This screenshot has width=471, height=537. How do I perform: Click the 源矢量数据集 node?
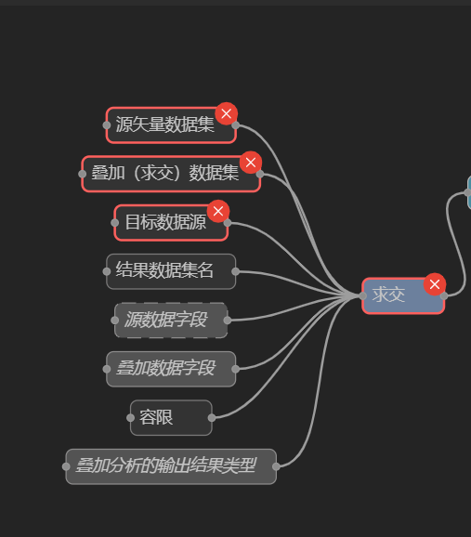click(171, 125)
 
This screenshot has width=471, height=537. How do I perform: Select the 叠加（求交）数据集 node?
click(171, 174)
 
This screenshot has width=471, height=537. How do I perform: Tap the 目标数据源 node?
click(171, 223)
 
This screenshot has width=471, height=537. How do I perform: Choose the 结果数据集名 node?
click(171, 271)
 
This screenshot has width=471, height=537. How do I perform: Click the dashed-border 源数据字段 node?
click(171, 321)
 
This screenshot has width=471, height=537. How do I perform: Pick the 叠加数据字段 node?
click(171, 369)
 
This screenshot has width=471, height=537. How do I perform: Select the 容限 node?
click(171, 418)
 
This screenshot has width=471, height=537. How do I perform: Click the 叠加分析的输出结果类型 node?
click(171, 466)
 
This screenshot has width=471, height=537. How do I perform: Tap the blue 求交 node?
click(403, 295)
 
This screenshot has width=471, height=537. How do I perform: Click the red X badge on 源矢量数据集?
click(226, 113)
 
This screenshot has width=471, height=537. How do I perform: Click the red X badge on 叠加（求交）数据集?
click(251, 163)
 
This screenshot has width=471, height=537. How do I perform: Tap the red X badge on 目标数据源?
click(218, 211)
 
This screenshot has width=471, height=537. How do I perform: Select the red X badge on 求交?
click(435, 284)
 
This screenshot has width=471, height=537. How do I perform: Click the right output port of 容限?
click(212, 418)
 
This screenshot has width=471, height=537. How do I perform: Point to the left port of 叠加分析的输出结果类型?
click(66, 466)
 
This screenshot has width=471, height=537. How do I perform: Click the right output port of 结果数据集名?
click(235, 271)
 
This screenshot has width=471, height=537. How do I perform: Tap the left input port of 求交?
click(362, 295)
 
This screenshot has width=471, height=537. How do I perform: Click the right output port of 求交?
click(444, 295)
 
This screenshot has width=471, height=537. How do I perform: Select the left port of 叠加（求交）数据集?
click(82, 174)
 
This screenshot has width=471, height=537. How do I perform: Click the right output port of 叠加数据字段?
click(235, 369)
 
